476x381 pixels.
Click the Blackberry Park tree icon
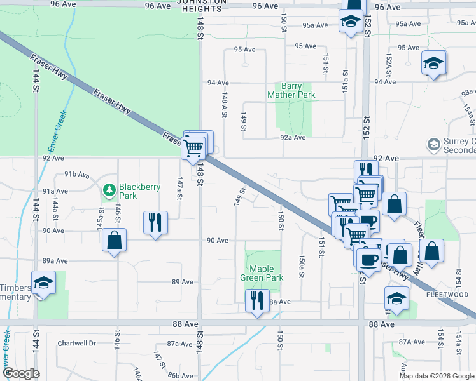point(109,189)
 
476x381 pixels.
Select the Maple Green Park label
point(262,273)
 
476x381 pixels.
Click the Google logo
point(21,373)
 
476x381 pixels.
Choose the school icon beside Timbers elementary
point(43,282)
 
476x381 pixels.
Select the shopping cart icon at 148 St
point(193,147)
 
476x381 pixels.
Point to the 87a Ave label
point(180,344)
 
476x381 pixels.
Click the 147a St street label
point(180,188)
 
